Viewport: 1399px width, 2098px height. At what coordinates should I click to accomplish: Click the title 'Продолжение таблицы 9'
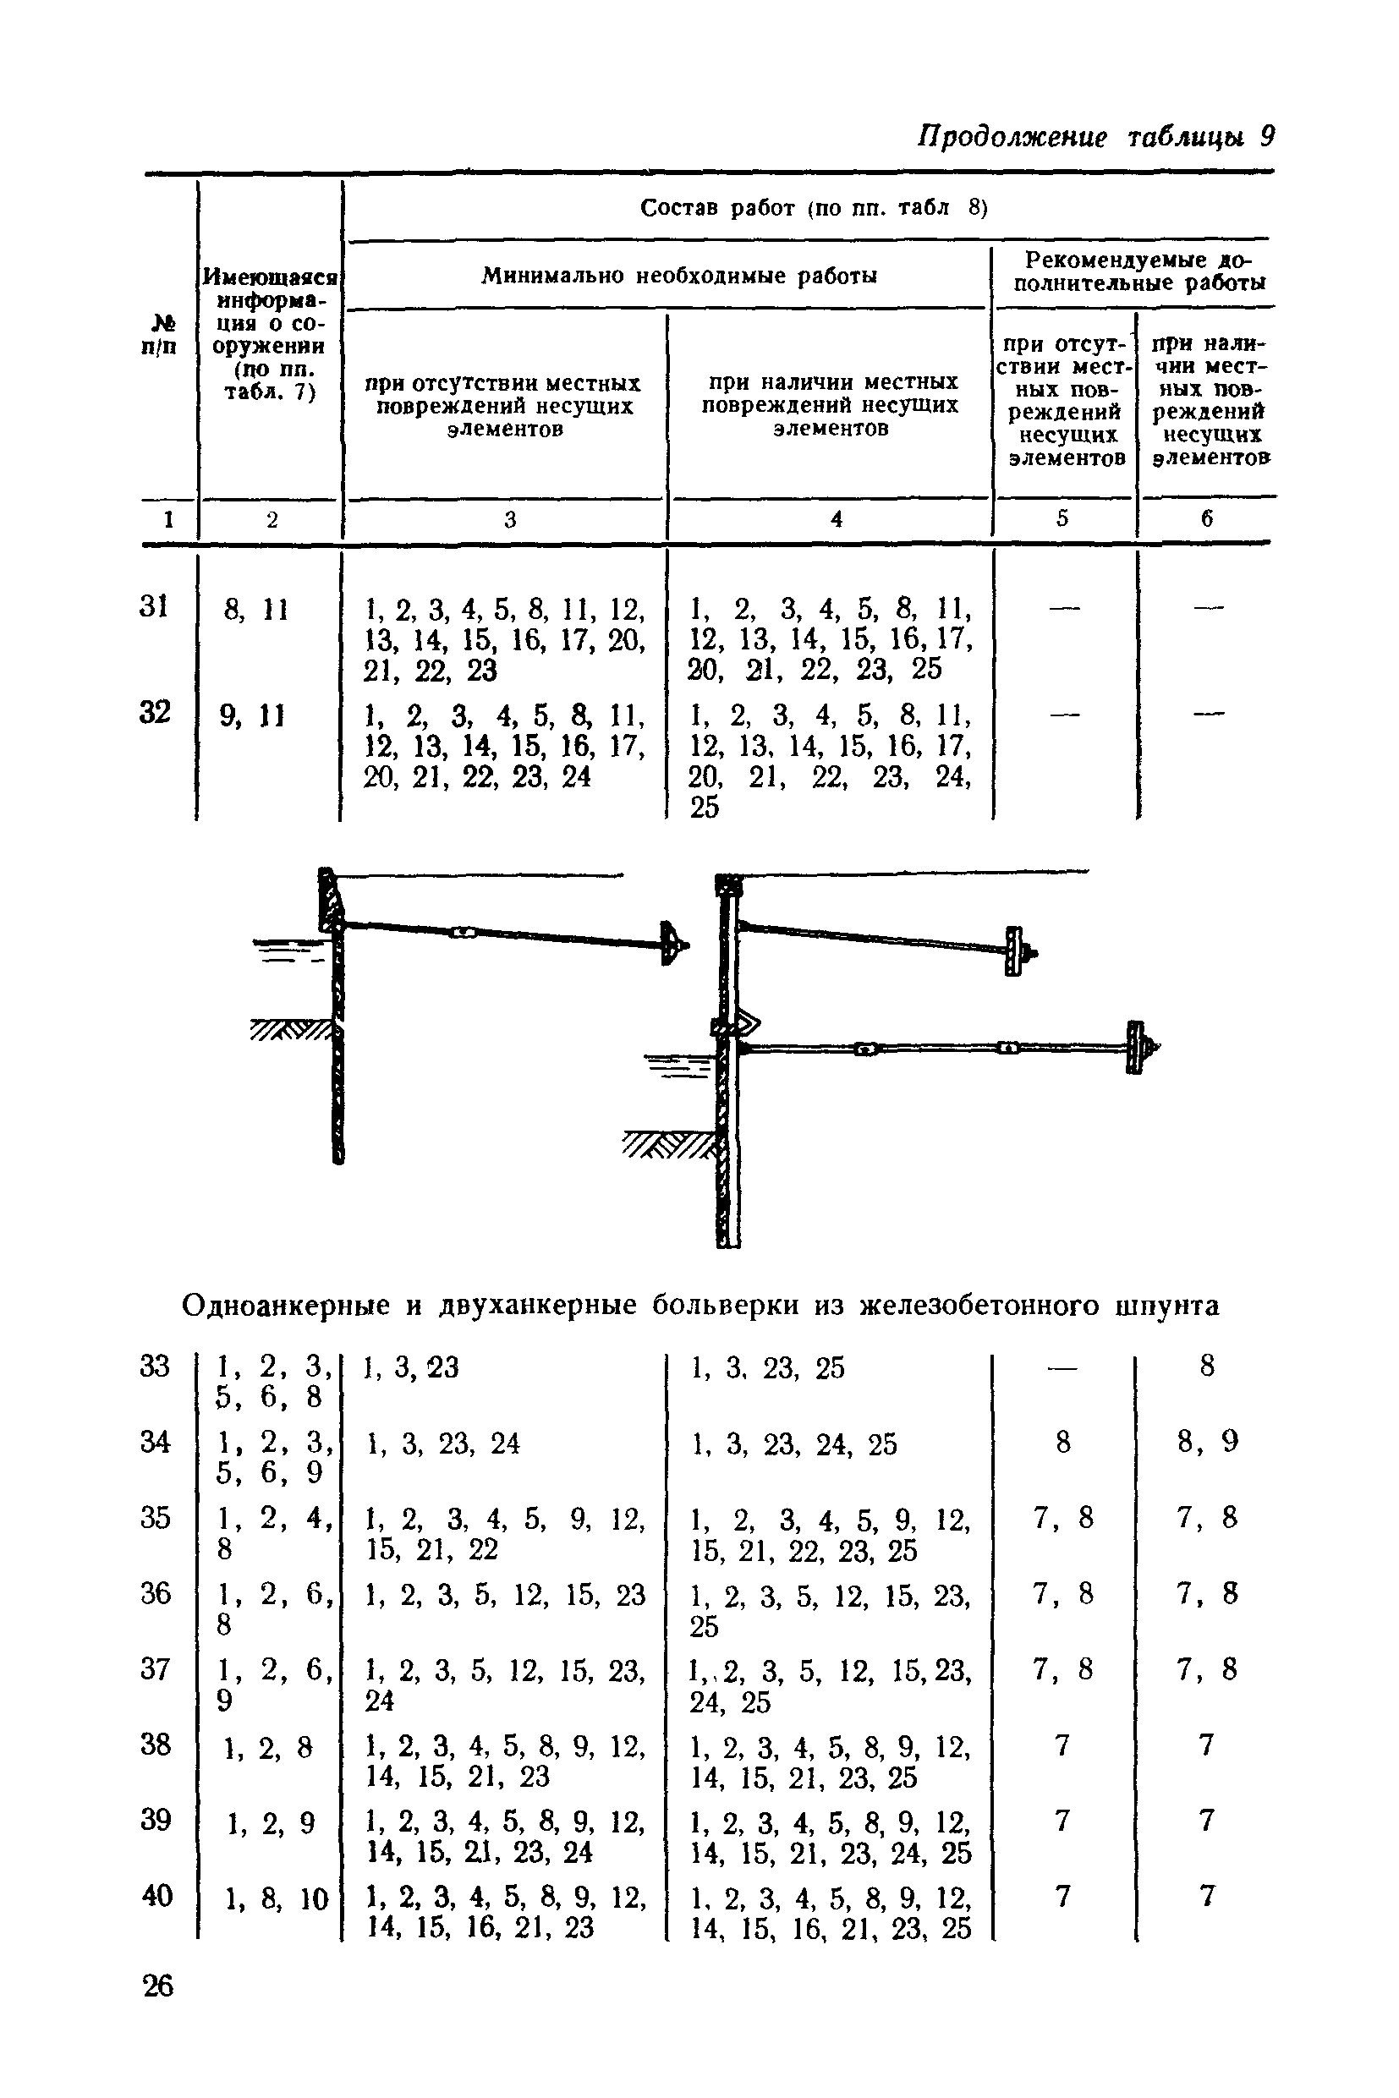click(1096, 136)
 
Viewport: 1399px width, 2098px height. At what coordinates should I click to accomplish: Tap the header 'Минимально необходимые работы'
click(679, 276)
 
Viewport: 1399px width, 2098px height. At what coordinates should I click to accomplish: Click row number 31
click(153, 606)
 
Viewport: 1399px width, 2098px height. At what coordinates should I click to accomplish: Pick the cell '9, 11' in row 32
click(253, 715)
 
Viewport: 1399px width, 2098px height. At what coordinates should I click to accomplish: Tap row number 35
click(156, 1517)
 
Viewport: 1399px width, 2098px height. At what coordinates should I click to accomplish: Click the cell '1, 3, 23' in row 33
click(412, 1367)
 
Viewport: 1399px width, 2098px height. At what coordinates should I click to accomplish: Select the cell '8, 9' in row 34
click(1207, 1442)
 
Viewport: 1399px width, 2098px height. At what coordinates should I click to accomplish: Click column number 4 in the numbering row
click(836, 518)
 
